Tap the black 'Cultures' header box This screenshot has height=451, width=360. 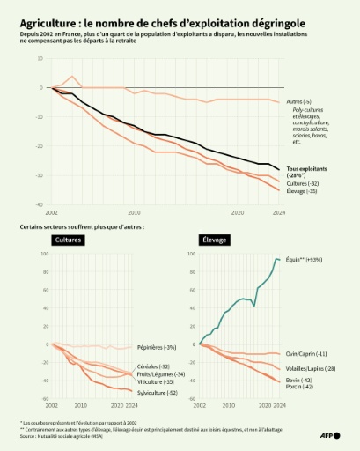[x=69, y=240]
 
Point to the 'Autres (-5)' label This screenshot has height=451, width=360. [x=300, y=102]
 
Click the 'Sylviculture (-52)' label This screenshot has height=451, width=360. [x=158, y=393]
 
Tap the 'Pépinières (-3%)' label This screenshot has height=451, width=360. [x=157, y=347]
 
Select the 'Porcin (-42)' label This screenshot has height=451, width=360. [x=301, y=387]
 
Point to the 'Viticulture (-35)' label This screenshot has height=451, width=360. [x=156, y=382]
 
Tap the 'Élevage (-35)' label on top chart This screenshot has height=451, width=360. [x=304, y=190]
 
